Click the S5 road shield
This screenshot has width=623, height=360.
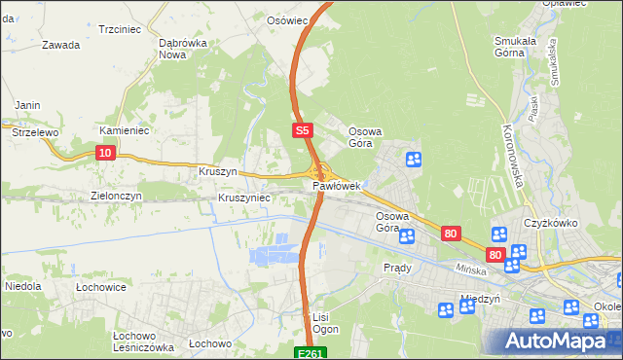pyautogui.click(x=303, y=129)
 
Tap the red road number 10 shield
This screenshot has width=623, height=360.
pyautogui.click(x=106, y=152)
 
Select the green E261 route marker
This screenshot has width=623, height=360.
pyautogui.click(x=311, y=352)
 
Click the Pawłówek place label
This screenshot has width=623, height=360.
pyautogui.click(x=337, y=185)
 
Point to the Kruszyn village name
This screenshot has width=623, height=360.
pyautogui.click(x=218, y=171)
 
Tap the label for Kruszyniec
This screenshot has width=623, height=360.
pyautogui.click(x=244, y=198)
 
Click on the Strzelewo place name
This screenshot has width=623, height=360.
pyautogui.click(x=30, y=129)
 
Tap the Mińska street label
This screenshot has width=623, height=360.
pyautogui.click(x=471, y=267)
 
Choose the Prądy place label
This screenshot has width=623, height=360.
pyautogui.click(x=397, y=268)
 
